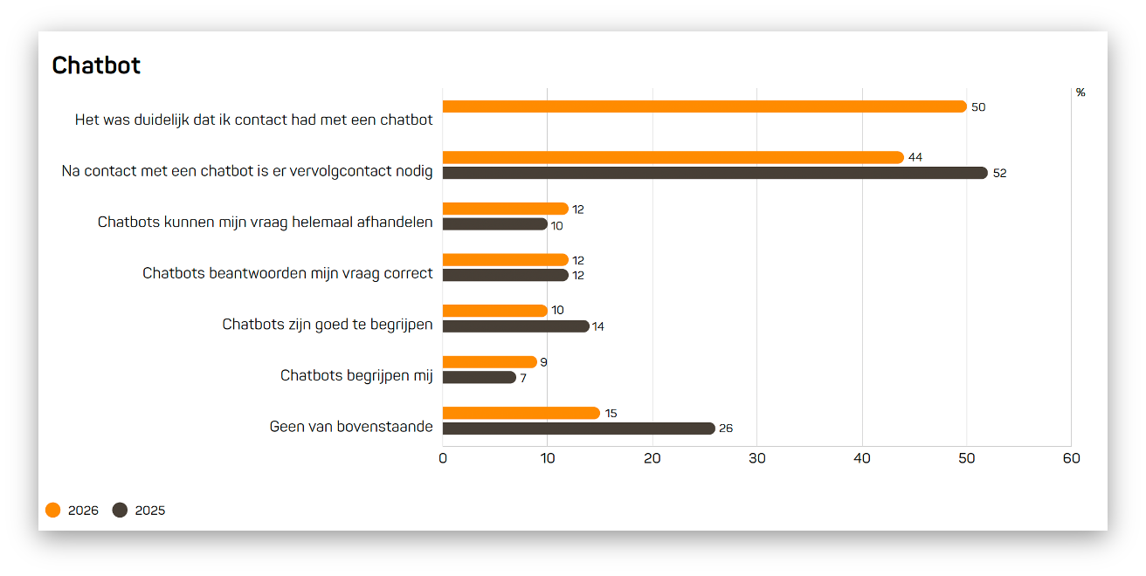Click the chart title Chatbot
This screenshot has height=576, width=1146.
click(96, 65)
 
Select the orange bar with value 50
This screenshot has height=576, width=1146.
click(704, 106)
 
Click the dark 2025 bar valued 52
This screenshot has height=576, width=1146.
click(715, 173)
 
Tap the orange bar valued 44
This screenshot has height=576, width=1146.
click(673, 157)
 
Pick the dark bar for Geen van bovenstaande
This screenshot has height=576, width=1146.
click(578, 429)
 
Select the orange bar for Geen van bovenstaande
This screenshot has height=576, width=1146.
click(521, 413)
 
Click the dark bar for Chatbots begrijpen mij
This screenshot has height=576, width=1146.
click(479, 377)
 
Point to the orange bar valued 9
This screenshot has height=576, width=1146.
click(489, 362)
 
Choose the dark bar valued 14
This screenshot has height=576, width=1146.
click(515, 326)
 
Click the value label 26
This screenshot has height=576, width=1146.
click(726, 429)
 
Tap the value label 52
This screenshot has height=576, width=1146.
click(999, 174)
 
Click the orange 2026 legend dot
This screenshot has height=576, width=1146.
click(53, 511)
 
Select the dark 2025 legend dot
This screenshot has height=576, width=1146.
click(121, 511)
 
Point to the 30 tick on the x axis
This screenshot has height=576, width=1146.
click(757, 458)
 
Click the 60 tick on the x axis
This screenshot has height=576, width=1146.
click(1071, 458)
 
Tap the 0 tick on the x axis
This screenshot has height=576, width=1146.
click(443, 458)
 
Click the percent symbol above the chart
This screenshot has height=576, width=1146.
click(1080, 93)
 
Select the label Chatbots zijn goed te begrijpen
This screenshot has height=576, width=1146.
click(328, 325)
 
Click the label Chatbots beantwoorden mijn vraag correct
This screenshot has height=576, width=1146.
click(287, 273)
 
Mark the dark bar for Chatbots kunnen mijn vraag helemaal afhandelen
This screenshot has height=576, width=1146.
click(494, 224)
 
